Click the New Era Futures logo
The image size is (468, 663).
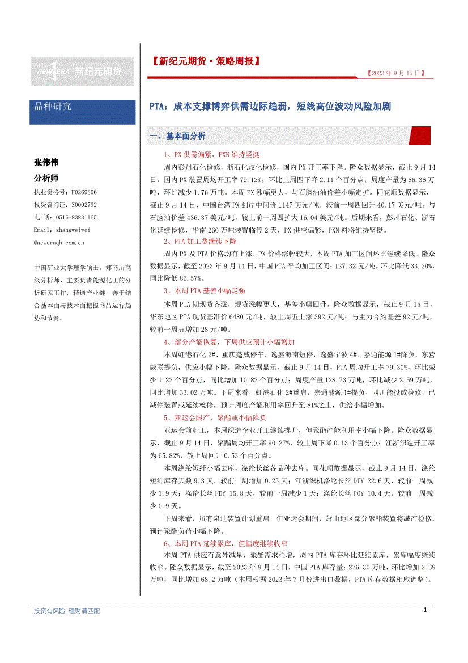[82, 71]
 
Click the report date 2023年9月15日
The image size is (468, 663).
[395, 73]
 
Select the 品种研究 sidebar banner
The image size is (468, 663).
[83, 107]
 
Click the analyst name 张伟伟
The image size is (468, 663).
[46, 162]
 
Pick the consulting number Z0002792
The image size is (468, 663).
[84, 205]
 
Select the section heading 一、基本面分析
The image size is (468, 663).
[177, 137]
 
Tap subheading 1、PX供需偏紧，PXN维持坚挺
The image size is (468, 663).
[211, 154]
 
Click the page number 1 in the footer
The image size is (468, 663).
[425, 610]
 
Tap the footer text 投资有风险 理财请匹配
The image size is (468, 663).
[67, 611]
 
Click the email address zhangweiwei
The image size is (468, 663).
[62, 230]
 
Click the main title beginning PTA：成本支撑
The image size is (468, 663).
[270, 107]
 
